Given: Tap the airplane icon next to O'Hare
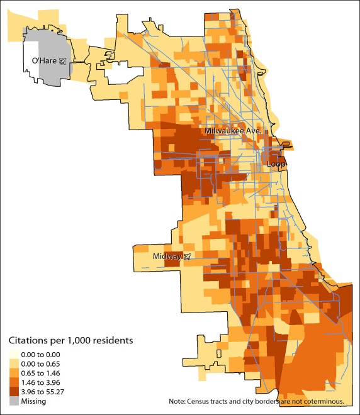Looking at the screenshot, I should click(62, 61).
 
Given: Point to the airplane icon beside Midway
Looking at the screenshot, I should click(186, 257).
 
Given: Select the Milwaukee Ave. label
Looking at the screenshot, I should click(232, 131).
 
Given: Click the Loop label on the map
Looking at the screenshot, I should click(276, 164).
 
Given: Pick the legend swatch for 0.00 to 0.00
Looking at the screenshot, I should click(13, 354).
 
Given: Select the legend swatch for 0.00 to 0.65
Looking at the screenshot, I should click(13, 363).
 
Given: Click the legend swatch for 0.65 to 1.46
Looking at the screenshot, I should click(13, 373).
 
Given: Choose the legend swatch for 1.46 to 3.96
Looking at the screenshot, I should click(13, 382).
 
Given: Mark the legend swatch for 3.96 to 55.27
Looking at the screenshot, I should click(13, 392).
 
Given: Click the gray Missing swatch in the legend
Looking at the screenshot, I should click(13, 401).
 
